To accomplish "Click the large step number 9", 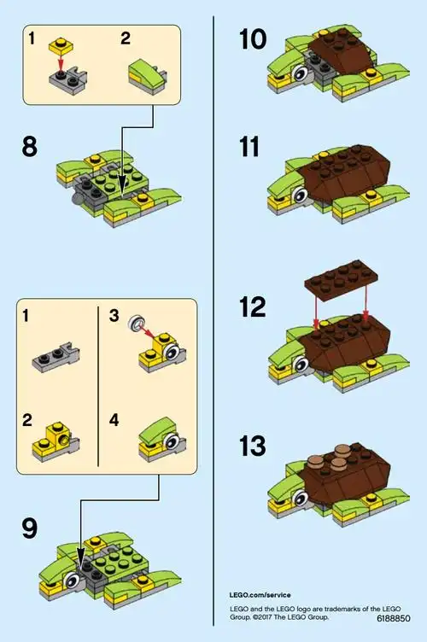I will click(29, 529).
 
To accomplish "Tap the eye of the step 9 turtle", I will click(74, 582).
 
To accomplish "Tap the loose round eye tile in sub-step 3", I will click(133, 323).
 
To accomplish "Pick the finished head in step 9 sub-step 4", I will click(162, 438).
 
